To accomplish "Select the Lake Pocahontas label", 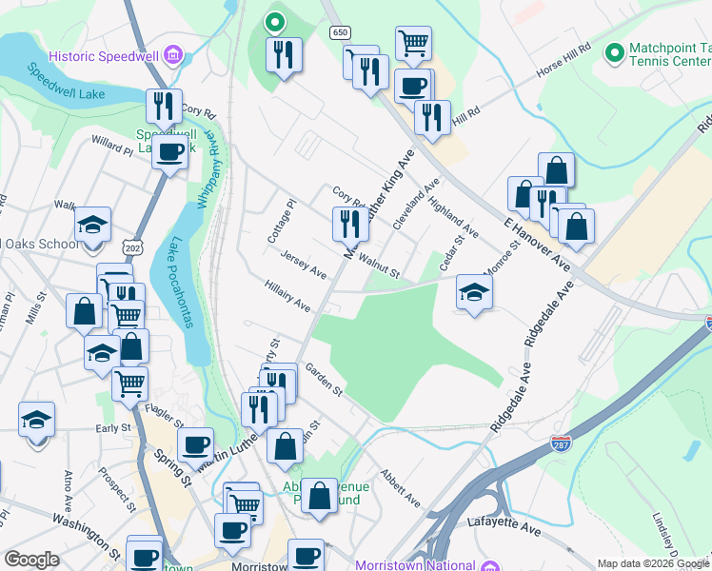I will pos(181,283).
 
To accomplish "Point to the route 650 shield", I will pos(340,32).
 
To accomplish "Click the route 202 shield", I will pos(133,247).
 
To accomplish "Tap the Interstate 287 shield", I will pos(561,444).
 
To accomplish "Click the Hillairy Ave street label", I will pos(288,296).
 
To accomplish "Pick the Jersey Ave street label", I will pos(304,266).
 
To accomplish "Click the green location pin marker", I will pos(274,21).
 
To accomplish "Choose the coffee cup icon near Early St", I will pos(195,443).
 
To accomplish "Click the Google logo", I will pos(32,560).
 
